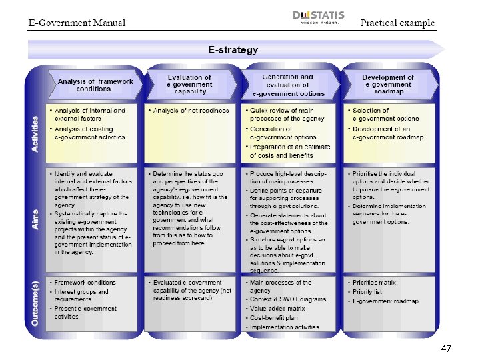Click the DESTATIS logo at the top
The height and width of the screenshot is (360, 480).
317,17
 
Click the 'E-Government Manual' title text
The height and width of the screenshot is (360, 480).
77,23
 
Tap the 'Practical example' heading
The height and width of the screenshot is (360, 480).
398,22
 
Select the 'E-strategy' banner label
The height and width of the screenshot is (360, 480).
233,49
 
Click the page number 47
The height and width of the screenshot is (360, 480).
446,349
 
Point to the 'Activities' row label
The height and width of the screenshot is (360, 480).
35,133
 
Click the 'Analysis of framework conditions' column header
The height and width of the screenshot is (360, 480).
95,85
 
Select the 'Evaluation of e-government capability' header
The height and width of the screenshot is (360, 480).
189,85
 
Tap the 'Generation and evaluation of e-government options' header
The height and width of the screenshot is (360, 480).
287,85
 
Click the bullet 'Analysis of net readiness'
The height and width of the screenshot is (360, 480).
191,111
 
